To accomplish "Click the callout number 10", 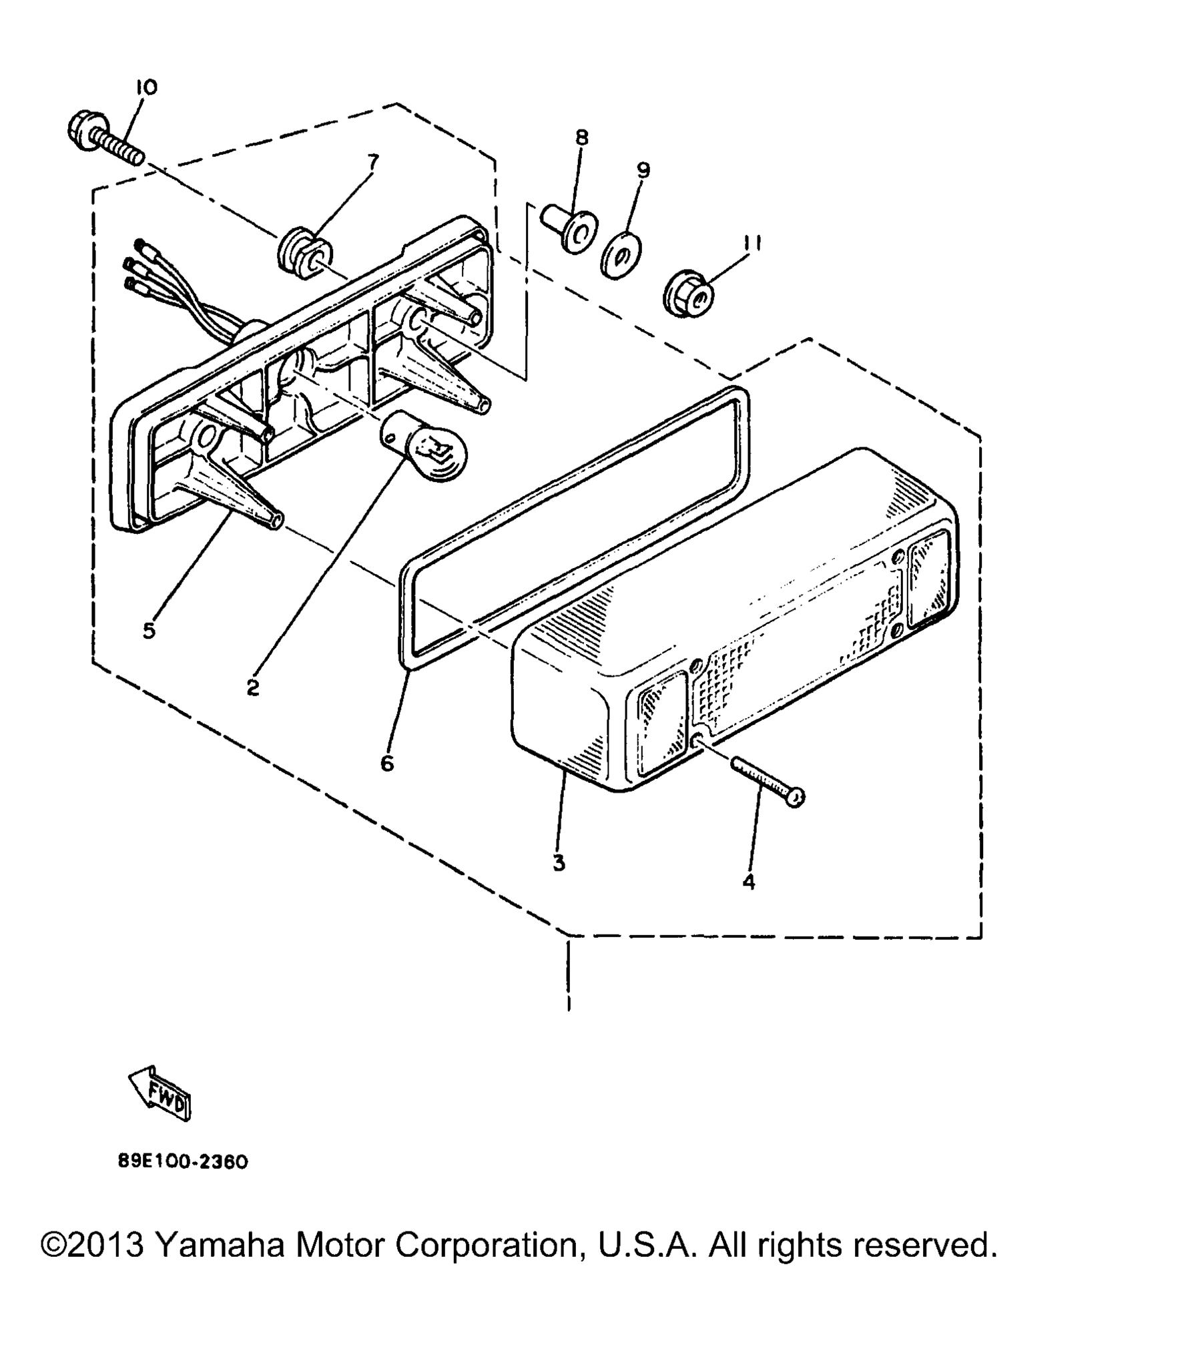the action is tap(146, 87).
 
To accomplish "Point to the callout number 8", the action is tap(582, 138).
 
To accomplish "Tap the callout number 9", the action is tap(643, 170).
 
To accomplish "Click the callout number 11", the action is tap(752, 244).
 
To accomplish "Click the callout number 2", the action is tap(252, 687).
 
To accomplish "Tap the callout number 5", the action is tap(149, 630).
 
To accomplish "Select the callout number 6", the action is tap(387, 763).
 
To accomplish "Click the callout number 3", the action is tap(559, 863).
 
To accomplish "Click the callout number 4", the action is tap(749, 882).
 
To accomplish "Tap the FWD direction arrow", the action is tap(160, 1093).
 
